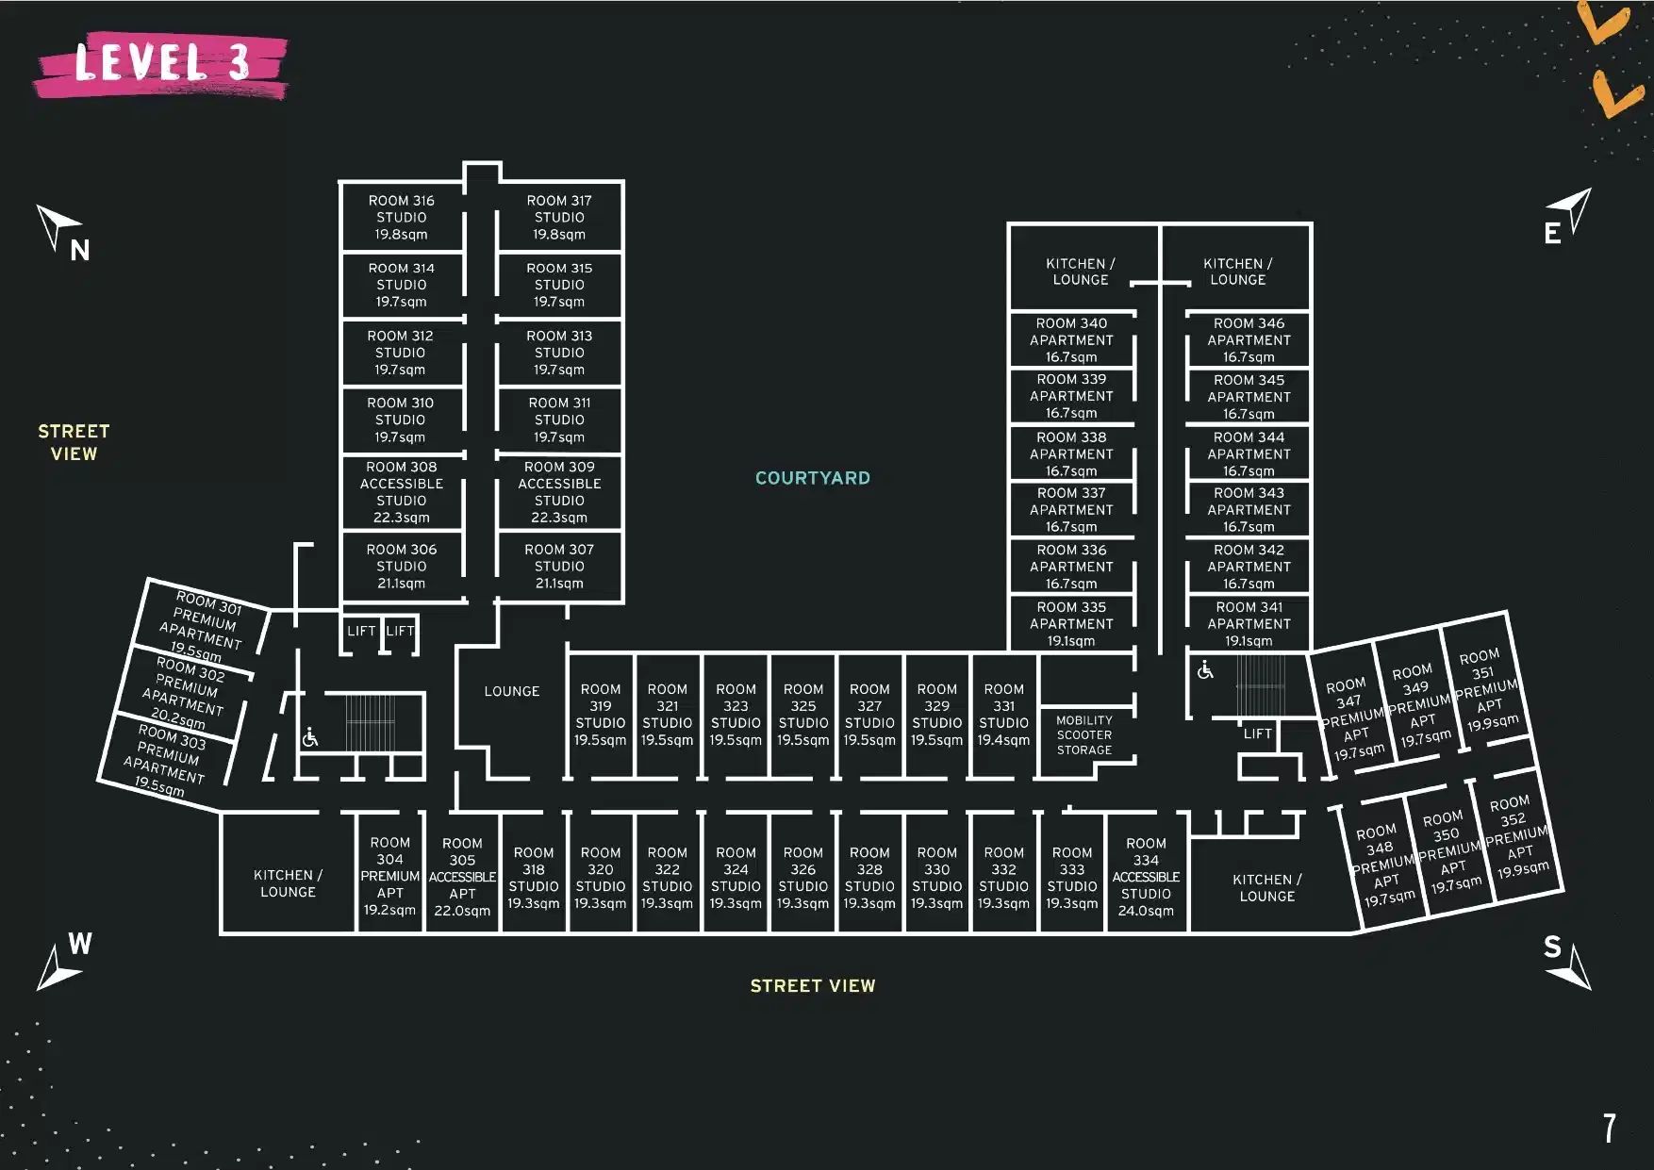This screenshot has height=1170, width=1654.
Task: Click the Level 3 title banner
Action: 161,64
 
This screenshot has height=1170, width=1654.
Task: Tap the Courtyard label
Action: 812,478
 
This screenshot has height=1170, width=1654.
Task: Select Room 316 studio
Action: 401,217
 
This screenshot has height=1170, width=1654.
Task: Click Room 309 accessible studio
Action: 559,491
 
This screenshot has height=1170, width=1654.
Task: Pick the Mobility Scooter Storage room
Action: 1083,734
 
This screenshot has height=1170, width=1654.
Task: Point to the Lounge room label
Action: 511,691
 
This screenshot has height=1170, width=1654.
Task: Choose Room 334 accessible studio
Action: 1146,877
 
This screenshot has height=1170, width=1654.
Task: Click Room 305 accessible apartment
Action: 462,877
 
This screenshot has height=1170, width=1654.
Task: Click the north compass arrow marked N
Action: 62,232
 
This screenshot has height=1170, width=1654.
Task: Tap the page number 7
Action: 1610,1128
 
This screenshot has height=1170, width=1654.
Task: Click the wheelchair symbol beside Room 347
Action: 1205,670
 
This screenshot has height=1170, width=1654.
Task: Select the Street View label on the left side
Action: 74,442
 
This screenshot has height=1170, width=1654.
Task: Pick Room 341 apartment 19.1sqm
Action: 1249,623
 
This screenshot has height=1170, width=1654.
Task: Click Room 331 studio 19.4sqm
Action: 1003,715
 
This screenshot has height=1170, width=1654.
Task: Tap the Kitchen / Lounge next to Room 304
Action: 288,883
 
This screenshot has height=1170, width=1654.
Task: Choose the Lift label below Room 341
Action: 1257,733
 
